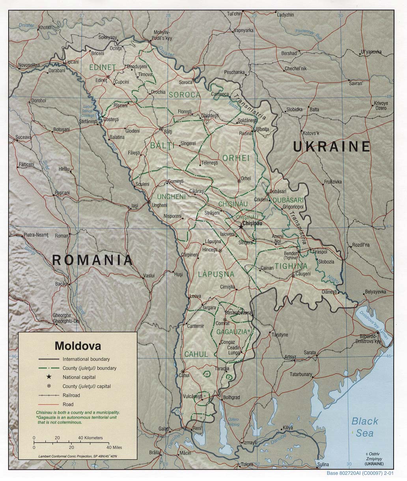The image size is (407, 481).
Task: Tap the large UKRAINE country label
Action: coord(331,147)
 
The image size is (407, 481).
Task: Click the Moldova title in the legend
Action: coord(78,346)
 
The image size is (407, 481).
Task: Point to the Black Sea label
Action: coord(365,427)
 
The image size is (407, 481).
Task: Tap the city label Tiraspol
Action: coord(317,252)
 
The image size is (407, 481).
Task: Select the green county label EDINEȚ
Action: coord(102,67)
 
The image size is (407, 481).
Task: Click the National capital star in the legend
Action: coord(49,377)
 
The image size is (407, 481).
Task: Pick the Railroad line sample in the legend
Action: coord(49,395)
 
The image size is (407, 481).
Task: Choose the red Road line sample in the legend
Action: coord(49,404)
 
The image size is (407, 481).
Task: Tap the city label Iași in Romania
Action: coord(135,206)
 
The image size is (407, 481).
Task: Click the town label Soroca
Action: coord(185,82)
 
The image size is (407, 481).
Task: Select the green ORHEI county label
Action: coord(236,158)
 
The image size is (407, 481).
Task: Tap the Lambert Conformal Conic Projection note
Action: coord(78,456)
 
